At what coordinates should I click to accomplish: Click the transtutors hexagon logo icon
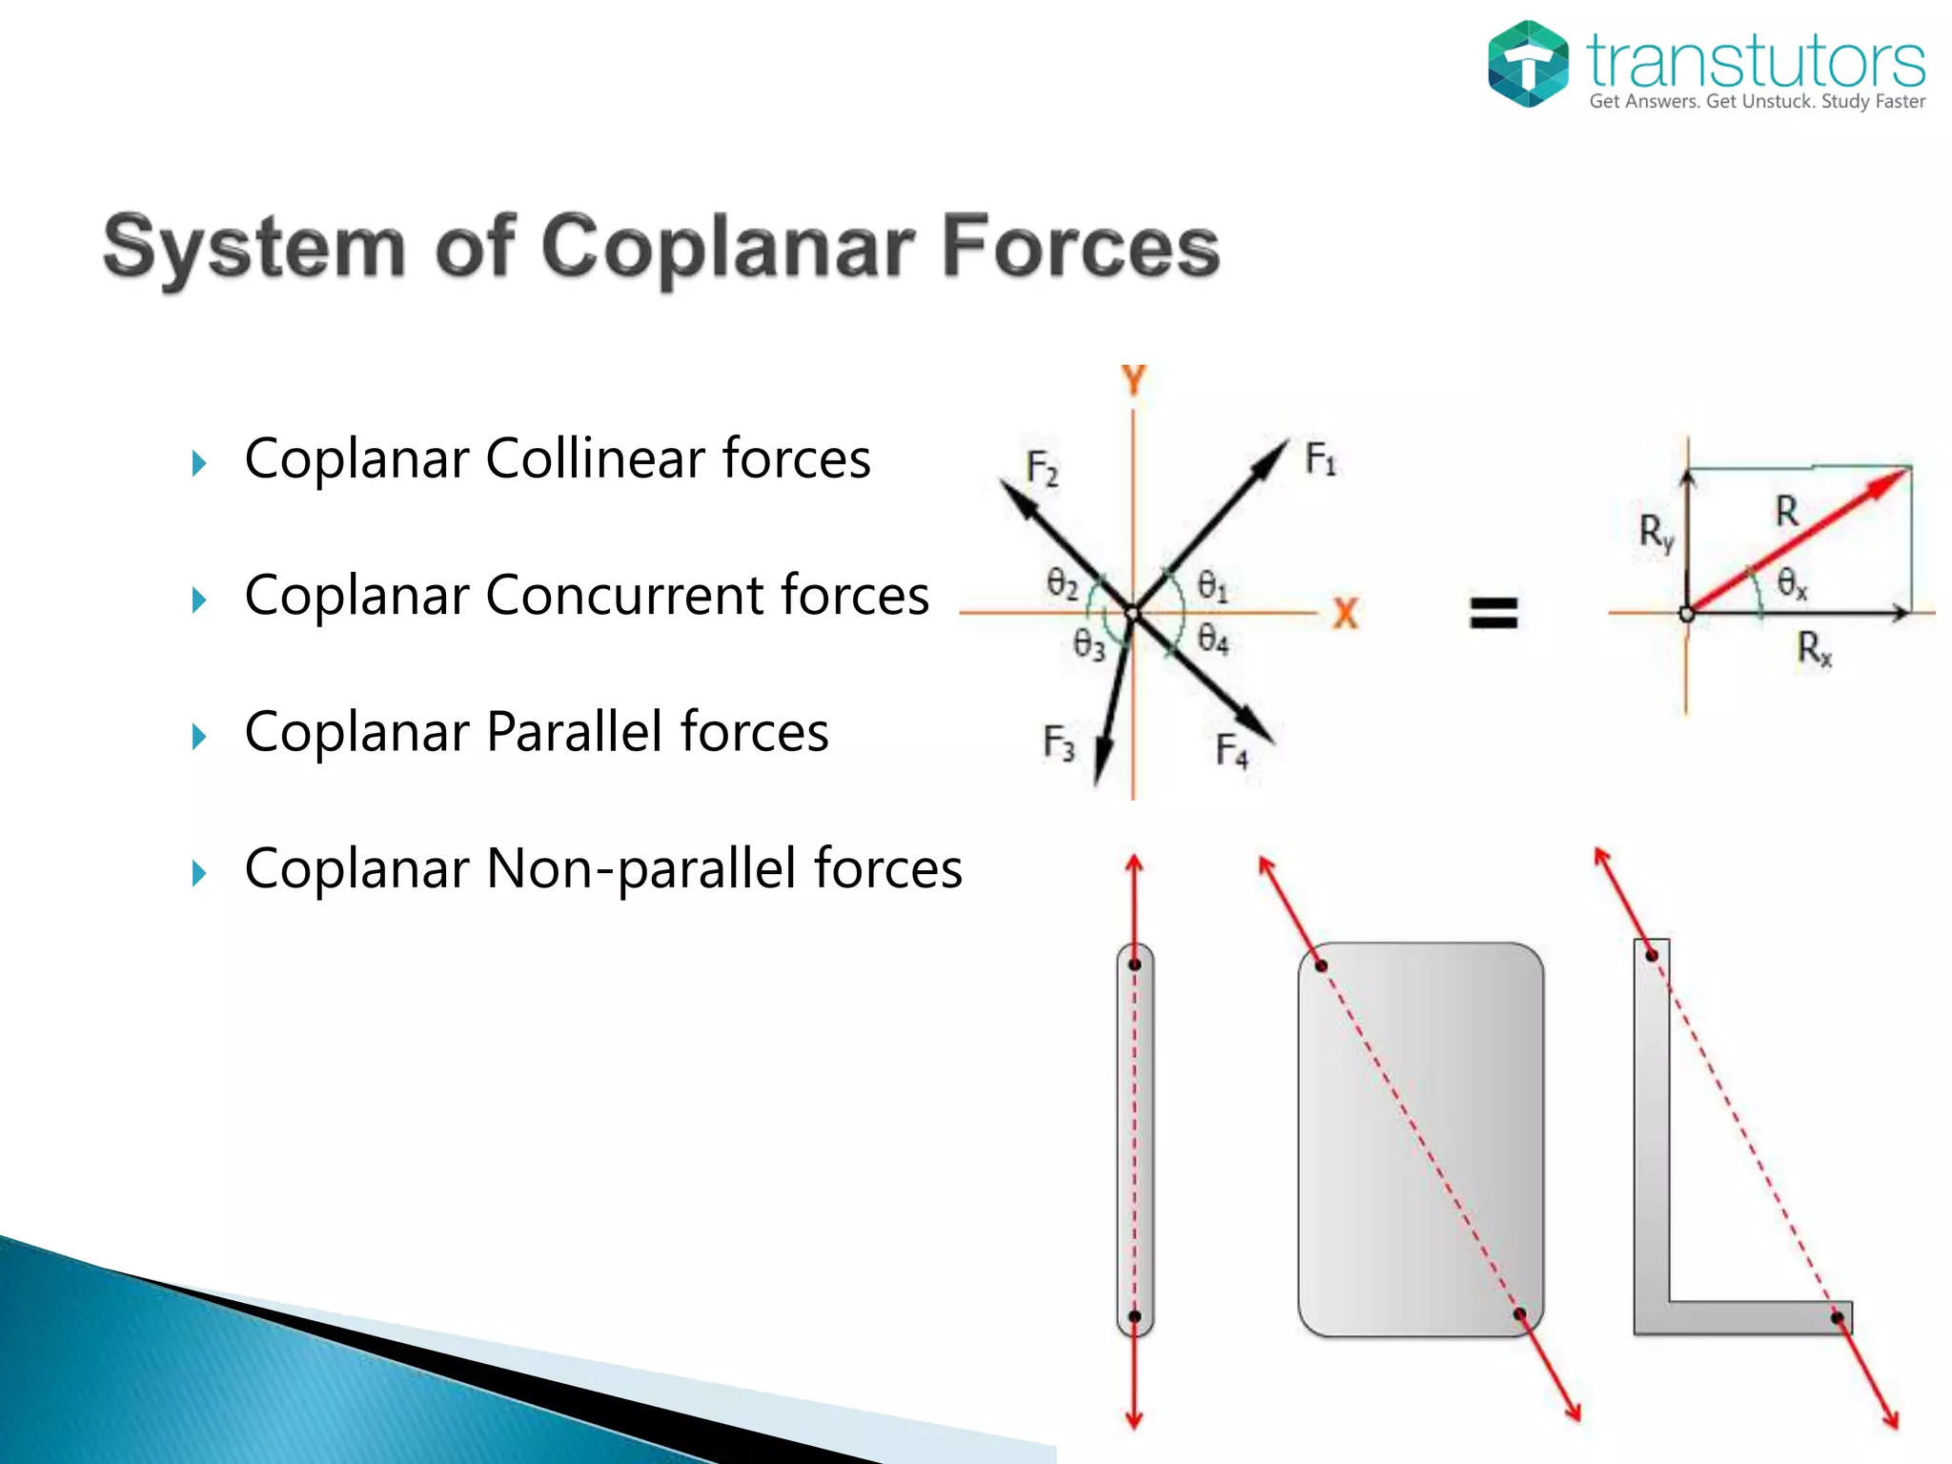pos(1527,64)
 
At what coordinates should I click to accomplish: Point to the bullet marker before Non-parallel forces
pos(198,872)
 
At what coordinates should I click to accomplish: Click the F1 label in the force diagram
pos(1320,459)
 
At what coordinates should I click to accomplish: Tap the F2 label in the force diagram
pos(1042,468)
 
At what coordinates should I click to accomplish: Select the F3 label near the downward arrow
pos(1058,742)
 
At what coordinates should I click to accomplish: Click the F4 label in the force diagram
pos(1231,750)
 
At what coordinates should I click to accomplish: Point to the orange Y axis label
pos(1133,380)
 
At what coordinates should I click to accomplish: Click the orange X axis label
pos(1345,613)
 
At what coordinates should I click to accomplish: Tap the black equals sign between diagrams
pos(1493,612)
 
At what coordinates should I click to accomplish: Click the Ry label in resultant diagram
pos(1656,533)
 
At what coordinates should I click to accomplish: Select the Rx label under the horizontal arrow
pos(1814,649)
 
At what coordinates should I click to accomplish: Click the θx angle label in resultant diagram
pos(1792,582)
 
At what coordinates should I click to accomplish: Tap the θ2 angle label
pos(1062,582)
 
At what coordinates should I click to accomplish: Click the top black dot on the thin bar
pos(1134,965)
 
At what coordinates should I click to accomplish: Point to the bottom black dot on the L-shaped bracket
pos(1837,1318)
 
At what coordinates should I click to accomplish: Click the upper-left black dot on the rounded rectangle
pos(1321,966)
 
